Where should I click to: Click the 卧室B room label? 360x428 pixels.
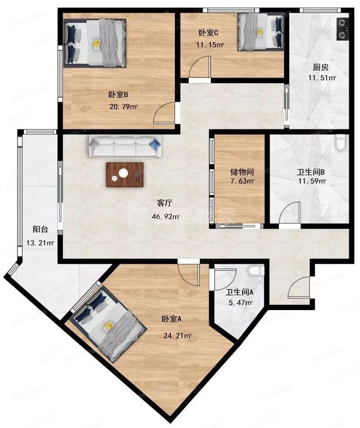coord(117,95)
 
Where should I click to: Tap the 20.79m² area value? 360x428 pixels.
coord(123,106)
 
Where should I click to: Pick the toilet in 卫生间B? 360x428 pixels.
coord(340,143)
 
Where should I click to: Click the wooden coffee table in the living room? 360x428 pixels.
coord(125,174)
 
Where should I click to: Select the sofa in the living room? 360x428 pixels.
coord(125,145)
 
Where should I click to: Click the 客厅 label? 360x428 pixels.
coord(164,203)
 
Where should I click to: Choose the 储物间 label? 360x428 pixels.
coord(242,172)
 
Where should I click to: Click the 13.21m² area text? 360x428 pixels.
coord(40,242)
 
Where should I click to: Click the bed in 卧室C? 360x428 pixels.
coord(261,32)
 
